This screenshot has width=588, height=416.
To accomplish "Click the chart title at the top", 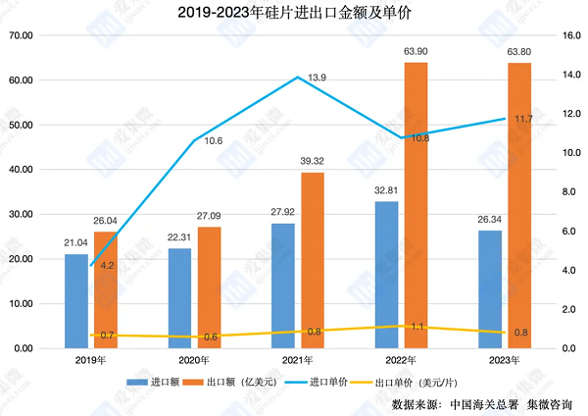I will click(294, 13).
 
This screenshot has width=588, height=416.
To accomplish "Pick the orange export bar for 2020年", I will click(209, 287).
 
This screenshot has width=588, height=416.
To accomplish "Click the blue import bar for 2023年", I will click(491, 289).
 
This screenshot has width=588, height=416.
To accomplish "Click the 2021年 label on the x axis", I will click(295, 360).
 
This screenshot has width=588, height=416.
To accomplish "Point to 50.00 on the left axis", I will click(21, 125).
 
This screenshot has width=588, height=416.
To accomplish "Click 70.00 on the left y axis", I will click(21, 35).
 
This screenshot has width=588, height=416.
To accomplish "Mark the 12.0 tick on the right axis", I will click(569, 114).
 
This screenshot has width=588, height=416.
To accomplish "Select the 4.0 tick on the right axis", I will click(567, 271).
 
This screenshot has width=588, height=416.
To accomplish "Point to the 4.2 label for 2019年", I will click(108, 266).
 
